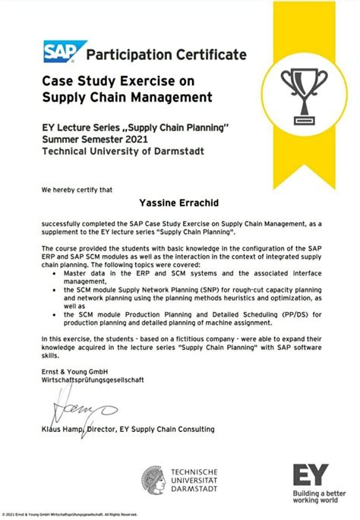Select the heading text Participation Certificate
point(166,55)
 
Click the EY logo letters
point(311,476)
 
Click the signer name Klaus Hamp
point(65,430)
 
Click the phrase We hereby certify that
point(76,188)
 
